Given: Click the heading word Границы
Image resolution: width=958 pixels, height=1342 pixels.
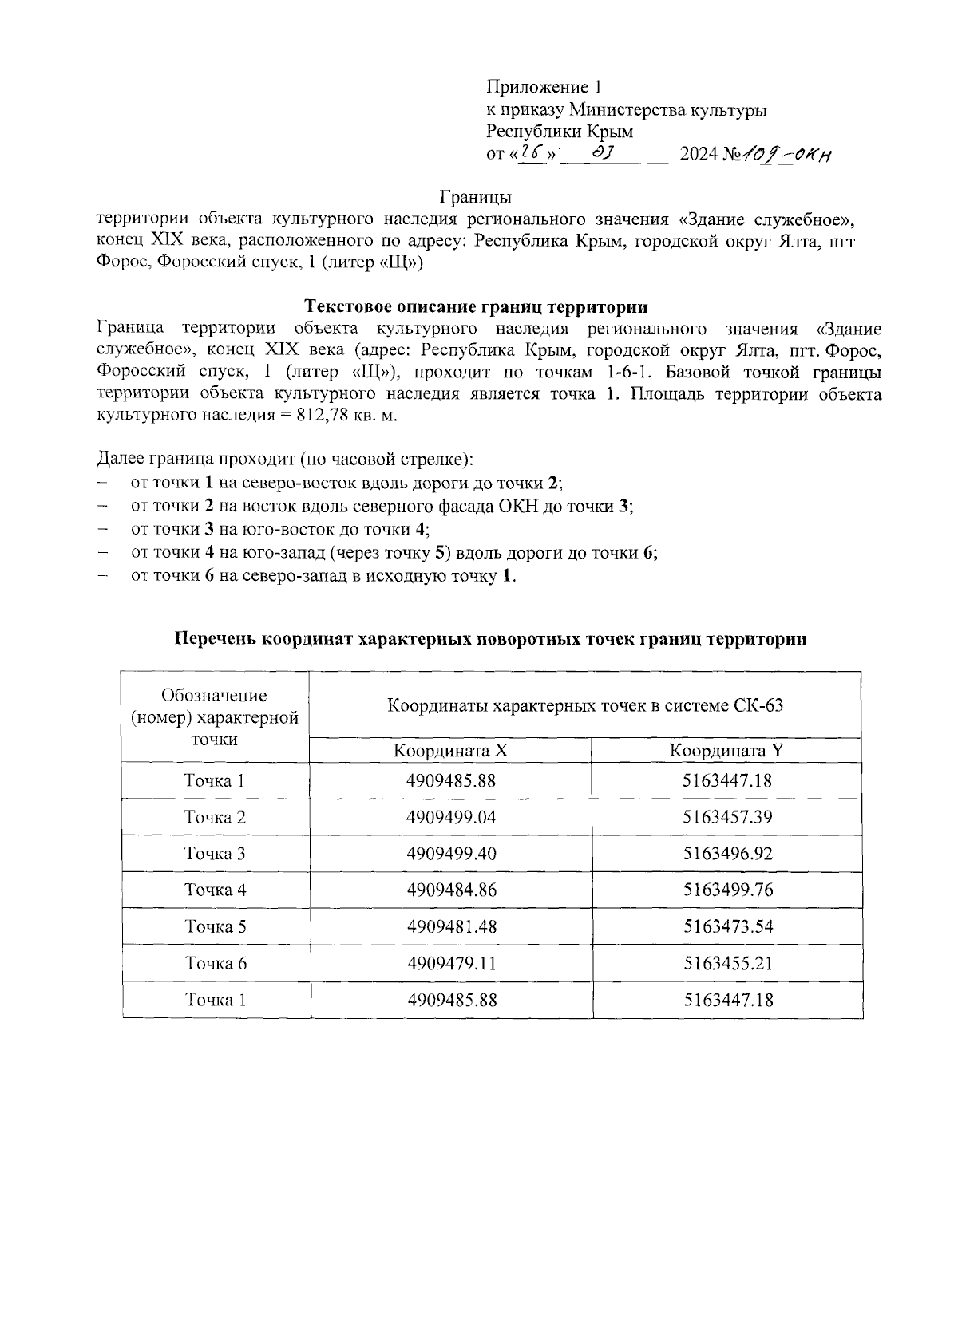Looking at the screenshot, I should pyautogui.click(x=476, y=196).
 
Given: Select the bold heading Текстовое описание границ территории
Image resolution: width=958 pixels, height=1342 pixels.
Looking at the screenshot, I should pyautogui.click(x=477, y=306).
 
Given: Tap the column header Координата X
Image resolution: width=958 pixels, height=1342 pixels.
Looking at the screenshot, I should pyautogui.click(x=450, y=751).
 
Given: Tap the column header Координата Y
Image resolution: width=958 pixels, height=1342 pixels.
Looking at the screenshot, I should pyautogui.click(x=726, y=751).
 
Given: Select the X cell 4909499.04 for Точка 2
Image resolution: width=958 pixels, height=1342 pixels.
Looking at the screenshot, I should pyautogui.click(x=451, y=817).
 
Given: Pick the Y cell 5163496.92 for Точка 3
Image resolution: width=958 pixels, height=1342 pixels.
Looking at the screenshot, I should pyautogui.click(x=727, y=854).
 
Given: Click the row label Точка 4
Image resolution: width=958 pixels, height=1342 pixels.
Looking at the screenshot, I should pyautogui.click(x=216, y=890).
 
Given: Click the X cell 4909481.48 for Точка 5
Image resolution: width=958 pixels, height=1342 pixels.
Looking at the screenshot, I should pyautogui.click(x=451, y=926).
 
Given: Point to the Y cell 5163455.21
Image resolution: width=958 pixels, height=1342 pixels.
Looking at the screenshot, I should pyautogui.click(x=727, y=963).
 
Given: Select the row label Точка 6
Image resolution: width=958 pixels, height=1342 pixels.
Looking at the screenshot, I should pyautogui.click(x=216, y=963).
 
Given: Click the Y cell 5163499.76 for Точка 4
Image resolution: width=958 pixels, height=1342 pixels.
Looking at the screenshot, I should pyautogui.click(x=727, y=890).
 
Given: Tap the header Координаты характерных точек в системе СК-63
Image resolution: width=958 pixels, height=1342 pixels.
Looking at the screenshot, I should pyautogui.click(x=584, y=705).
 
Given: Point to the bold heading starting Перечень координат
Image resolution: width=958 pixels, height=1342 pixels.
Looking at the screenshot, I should pyautogui.click(x=490, y=639).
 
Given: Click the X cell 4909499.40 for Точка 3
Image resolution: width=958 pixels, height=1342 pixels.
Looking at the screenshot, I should pyautogui.click(x=451, y=854).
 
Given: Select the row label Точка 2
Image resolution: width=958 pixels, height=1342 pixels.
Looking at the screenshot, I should pyautogui.click(x=216, y=817).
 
